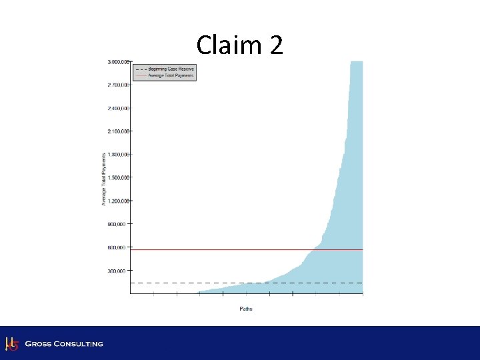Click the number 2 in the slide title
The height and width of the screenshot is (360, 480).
(x=276, y=45)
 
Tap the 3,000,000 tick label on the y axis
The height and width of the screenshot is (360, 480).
(x=118, y=61)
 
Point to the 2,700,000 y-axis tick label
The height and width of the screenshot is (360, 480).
(x=118, y=85)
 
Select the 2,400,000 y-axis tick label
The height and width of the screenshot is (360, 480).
(x=118, y=108)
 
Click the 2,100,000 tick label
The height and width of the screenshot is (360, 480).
(x=118, y=131)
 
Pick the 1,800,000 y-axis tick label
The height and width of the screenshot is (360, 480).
(x=118, y=154)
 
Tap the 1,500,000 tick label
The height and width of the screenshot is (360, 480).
(x=118, y=177)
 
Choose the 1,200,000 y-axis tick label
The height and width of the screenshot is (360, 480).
(x=118, y=201)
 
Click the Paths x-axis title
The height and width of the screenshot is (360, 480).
(x=246, y=309)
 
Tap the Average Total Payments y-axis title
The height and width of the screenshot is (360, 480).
(x=104, y=177)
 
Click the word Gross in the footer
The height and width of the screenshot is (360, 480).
(x=39, y=344)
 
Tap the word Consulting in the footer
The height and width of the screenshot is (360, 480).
(x=79, y=344)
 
